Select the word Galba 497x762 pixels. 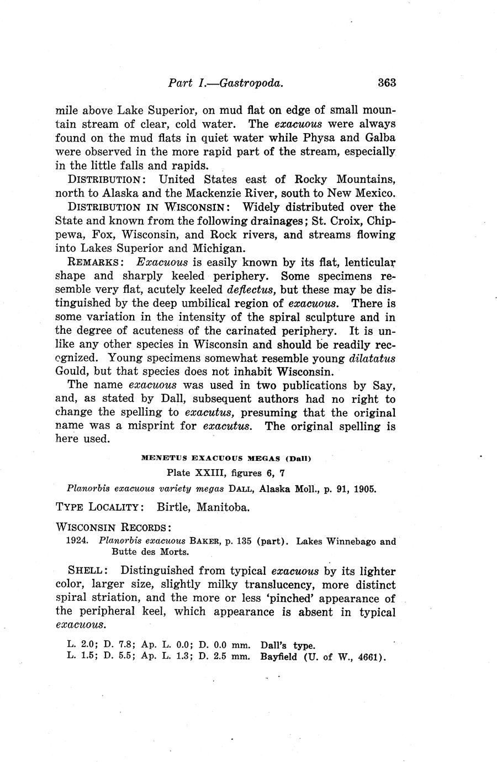[x=380, y=138]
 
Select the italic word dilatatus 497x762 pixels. [x=373, y=358]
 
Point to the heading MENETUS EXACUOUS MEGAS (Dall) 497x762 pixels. [x=226, y=458]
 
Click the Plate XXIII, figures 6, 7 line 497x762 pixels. [x=226, y=473]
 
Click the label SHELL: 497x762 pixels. [x=87, y=571]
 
